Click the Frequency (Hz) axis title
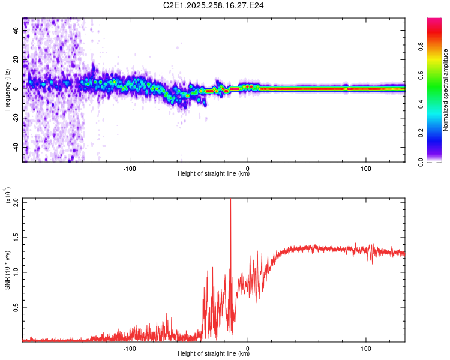click(7, 89)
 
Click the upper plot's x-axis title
click(214, 174)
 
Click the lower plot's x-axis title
click(214, 353)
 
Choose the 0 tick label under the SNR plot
click(248, 347)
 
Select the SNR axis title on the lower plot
click(7, 269)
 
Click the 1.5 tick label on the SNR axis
click(16, 237)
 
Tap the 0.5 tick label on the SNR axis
click(16, 307)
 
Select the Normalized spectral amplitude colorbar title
click(446, 90)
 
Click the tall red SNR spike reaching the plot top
click(230, 207)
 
